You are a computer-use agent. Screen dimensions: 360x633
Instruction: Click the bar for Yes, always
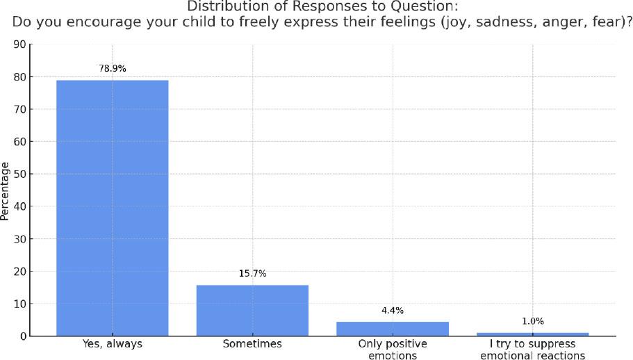112,208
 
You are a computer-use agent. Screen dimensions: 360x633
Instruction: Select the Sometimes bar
252,310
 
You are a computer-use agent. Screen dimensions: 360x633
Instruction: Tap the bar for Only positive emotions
393,329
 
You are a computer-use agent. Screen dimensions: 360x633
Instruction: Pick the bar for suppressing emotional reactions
532,334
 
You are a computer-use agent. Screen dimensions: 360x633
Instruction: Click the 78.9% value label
112,69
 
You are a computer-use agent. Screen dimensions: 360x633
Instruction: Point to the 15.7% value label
252,274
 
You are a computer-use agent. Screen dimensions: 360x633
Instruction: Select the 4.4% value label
393,311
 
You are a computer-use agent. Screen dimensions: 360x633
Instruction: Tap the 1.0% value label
532,322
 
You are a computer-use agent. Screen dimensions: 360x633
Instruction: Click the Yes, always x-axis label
112,344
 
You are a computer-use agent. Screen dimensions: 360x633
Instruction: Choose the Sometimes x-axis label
252,344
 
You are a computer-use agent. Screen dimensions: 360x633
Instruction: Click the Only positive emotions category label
393,350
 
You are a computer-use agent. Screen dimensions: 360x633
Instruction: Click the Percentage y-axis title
6,190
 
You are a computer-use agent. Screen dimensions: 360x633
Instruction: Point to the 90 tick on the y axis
20,44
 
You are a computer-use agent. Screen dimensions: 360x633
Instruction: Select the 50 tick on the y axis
20,174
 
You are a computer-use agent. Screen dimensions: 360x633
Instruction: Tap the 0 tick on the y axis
23,336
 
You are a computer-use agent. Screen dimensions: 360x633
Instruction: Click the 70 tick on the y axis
20,109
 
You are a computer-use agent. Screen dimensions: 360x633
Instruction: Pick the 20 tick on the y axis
20,271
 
